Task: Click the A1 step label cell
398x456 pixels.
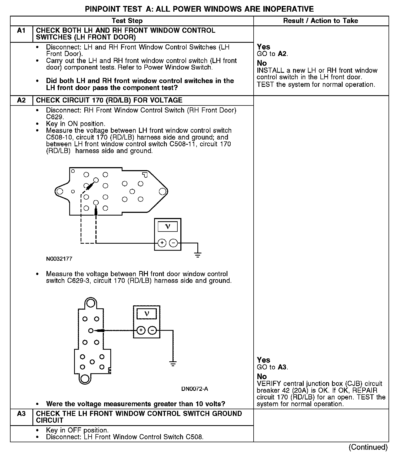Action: [x=21, y=31]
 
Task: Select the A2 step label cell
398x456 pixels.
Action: [x=21, y=100]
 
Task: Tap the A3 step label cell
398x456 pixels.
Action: [x=21, y=414]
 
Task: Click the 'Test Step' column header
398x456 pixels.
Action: [x=127, y=21]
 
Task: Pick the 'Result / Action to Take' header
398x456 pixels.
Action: [x=320, y=21]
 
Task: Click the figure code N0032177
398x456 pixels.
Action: [x=59, y=259]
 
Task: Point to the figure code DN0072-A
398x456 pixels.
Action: [x=194, y=389]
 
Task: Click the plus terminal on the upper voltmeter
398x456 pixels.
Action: [x=162, y=243]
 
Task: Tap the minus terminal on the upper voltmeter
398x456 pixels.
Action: [x=173, y=243]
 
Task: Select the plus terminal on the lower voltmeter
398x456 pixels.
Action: [x=141, y=330]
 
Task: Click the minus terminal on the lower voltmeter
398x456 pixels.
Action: [x=152, y=330]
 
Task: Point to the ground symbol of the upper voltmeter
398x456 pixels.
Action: [x=198, y=254]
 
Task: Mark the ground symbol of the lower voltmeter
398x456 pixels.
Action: [x=173, y=363]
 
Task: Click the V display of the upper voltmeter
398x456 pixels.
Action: [x=168, y=227]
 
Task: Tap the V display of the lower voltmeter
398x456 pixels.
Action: [x=147, y=314]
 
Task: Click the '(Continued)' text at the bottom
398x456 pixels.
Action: [x=368, y=447]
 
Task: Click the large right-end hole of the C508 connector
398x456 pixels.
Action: [x=162, y=191]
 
